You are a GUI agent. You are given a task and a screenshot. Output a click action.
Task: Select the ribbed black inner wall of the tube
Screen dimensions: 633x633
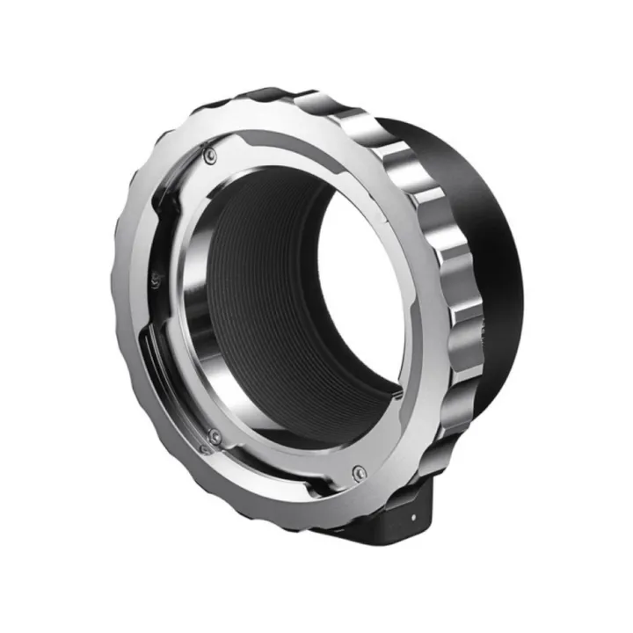pos(264,290)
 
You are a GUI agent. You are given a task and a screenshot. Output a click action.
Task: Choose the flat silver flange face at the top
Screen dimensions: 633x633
pos(290,145)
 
